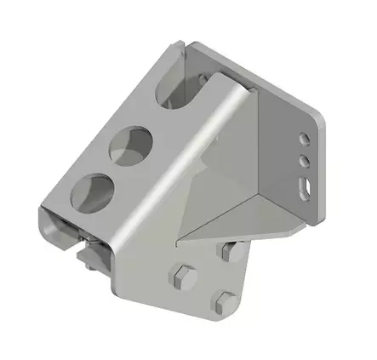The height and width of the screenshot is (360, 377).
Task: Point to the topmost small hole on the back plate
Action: coord(304,137)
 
